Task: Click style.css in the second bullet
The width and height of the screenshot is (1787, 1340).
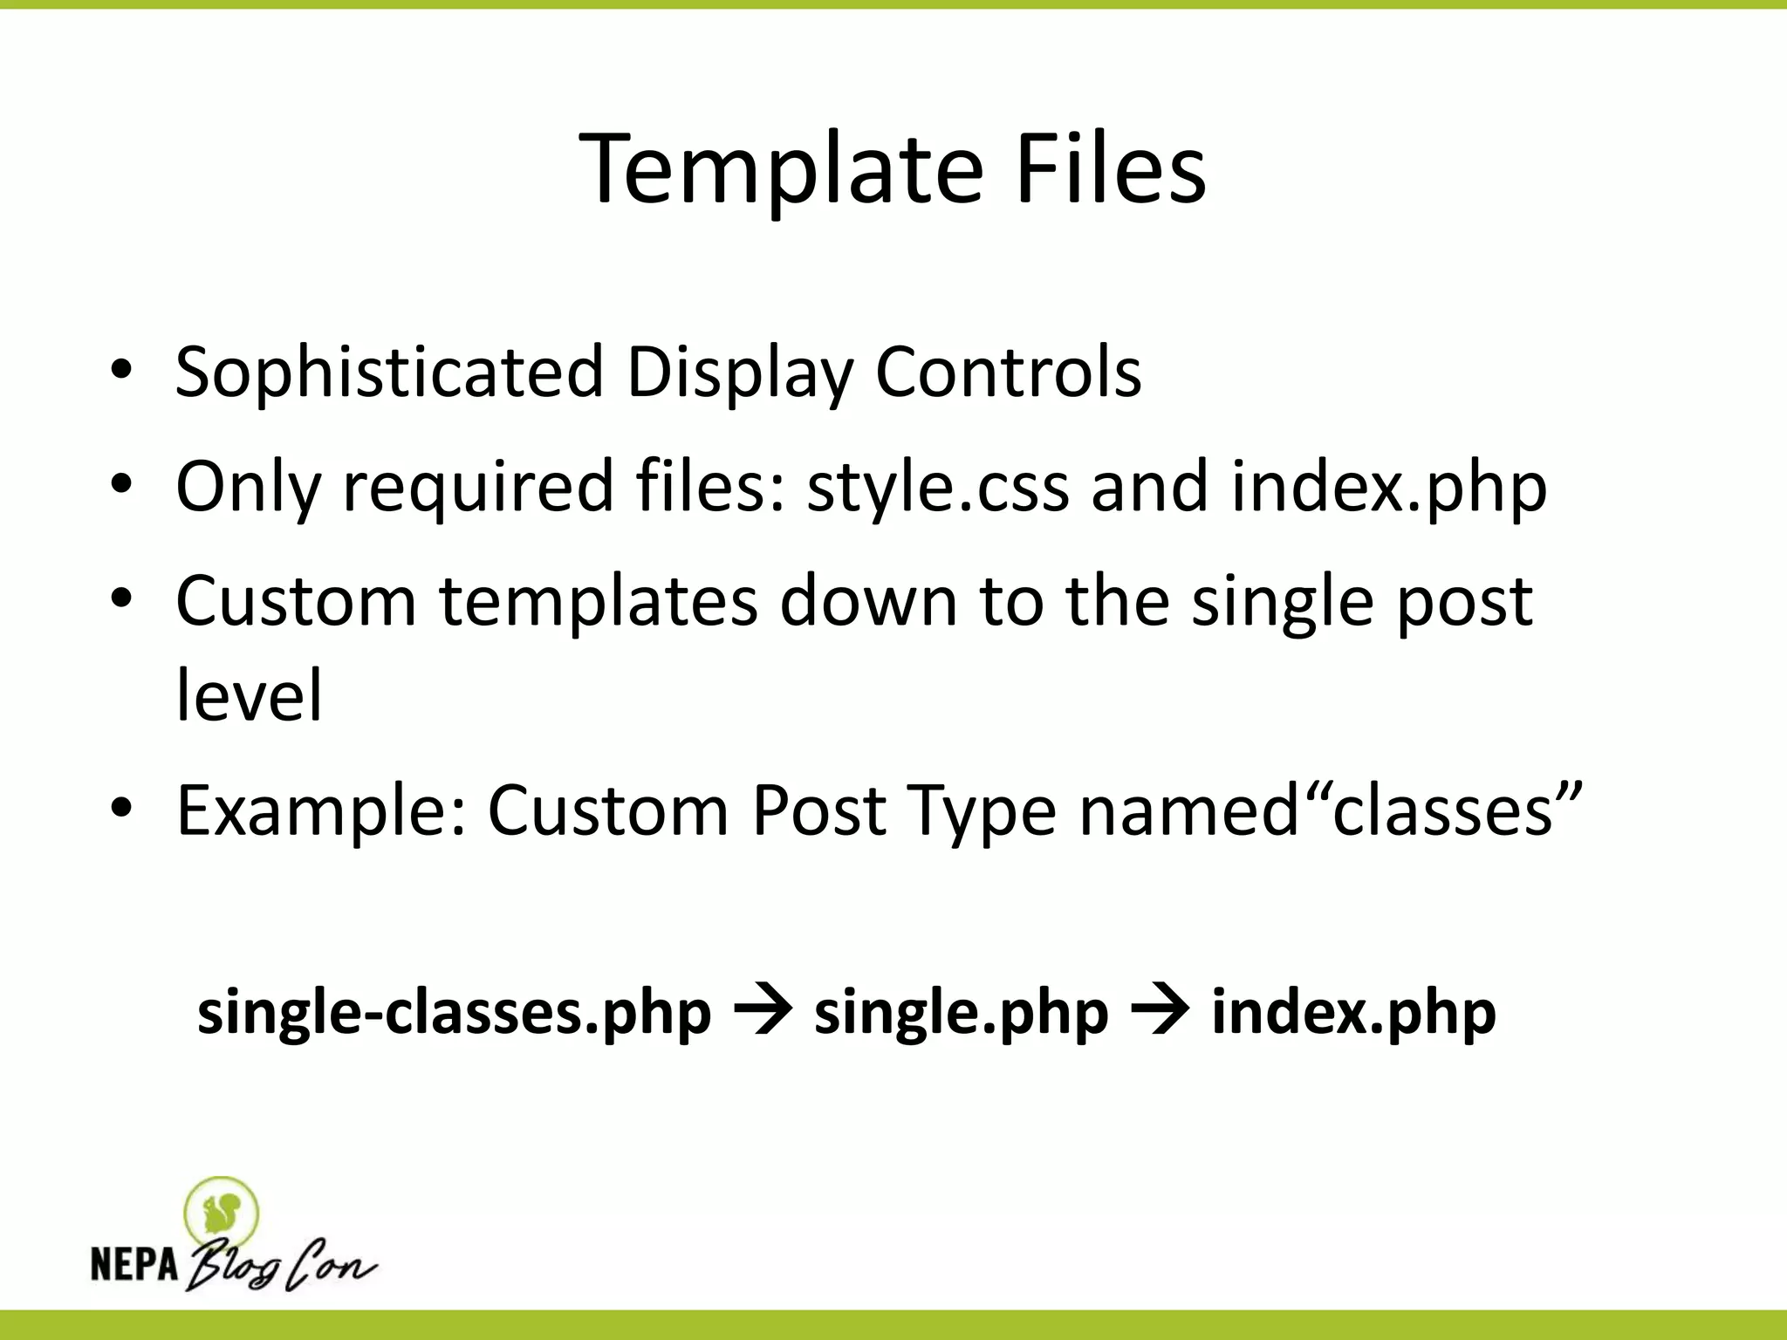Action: tap(937, 486)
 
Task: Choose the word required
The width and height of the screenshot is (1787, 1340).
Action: tap(478, 488)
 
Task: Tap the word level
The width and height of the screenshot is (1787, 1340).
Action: tap(250, 695)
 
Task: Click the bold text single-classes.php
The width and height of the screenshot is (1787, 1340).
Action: tap(454, 1014)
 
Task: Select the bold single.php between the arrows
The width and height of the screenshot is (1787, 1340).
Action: tap(961, 1014)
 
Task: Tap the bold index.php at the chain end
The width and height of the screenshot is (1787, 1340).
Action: tap(1353, 1014)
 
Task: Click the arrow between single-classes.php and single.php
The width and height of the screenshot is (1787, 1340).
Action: tap(763, 1012)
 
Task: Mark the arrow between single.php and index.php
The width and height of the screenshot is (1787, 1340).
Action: tap(1160, 1012)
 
